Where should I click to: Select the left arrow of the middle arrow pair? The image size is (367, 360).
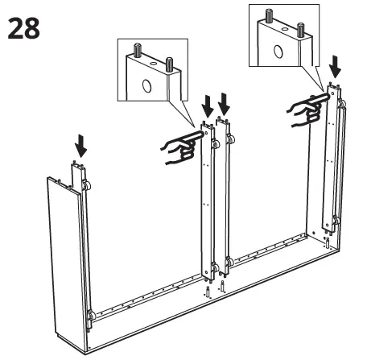(x=208, y=104)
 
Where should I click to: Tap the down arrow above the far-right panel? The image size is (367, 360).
(x=336, y=71)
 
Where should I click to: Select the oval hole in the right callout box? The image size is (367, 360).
(x=278, y=52)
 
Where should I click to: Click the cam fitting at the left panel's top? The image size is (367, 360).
(x=84, y=188)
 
